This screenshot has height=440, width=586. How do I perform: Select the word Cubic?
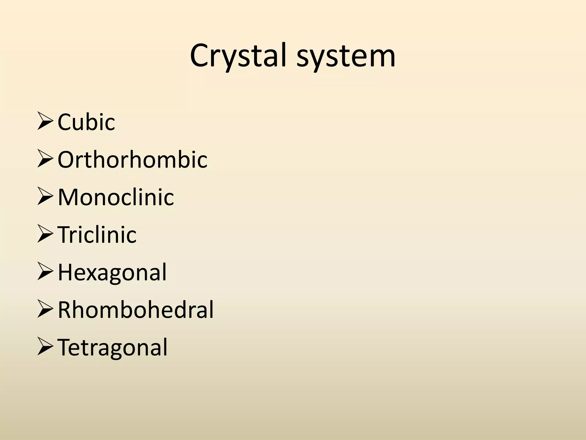pyautogui.click(x=86, y=122)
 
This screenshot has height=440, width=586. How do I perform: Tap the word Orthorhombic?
pyautogui.click(x=132, y=159)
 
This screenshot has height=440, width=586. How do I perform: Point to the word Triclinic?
pyautogui.click(x=97, y=235)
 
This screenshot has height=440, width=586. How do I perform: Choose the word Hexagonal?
pyautogui.click(x=112, y=273)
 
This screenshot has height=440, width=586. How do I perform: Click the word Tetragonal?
pyautogui.click(x=112, y=347)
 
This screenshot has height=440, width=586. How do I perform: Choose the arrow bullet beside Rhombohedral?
pyautogui.click(x=45, y=310)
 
